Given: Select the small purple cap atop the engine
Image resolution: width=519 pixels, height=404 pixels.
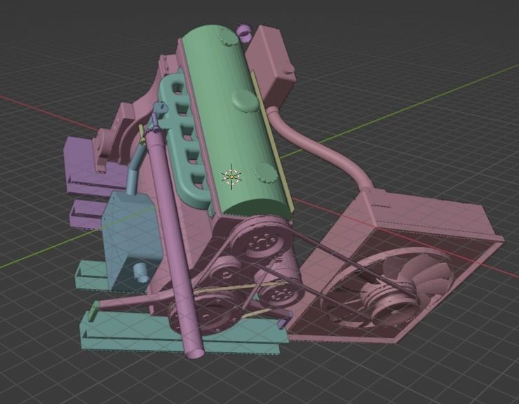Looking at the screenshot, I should (244, 31).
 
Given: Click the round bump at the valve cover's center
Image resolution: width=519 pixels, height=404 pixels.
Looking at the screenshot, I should (244, 100).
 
